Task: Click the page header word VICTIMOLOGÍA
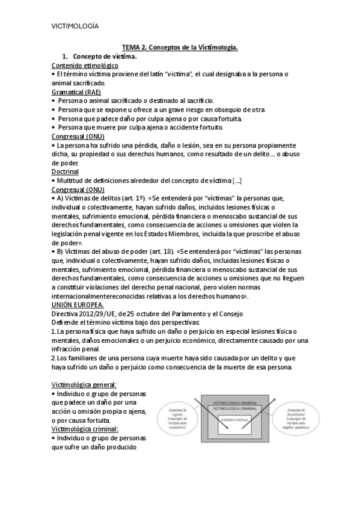pyautogui.click(x=75, y=26)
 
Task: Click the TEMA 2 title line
pyautogui.click(x=180, y=46)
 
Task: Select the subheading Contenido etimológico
pyautogui.click(x=85, y=65)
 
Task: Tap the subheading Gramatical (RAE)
pyautogui.click(x=76, y=91)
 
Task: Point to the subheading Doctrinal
pyautogui.click(x=66, y=171)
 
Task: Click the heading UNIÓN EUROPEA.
pyautogui.click(x=78, y=304)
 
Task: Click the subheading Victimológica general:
pyautogui.click(x=84, y=384)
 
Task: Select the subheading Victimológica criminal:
pyautogui.click(x=85, y=429)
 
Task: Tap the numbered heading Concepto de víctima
pyautogui.click(x=105, y=56)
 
